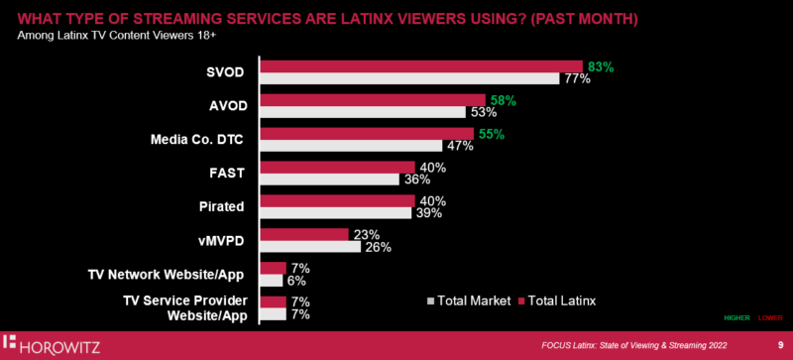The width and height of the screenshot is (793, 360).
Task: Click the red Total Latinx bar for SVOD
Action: (x=420, y=66)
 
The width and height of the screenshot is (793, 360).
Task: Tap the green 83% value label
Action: (x=601, y=66)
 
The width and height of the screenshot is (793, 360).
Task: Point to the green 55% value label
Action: (x=491, y=133)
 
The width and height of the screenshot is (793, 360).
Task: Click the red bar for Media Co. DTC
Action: (x=366, y=134)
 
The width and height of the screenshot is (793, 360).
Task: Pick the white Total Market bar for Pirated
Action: (x=335, y=213)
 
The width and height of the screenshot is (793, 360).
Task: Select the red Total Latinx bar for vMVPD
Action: (x=303, y=235)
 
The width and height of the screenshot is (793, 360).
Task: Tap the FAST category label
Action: (x=227, y=173)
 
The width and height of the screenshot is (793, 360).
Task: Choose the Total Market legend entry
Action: (x=469, y=299)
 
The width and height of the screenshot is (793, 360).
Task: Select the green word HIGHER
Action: (x=737, y=318)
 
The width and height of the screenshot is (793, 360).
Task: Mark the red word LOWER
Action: (x=770, y=318)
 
